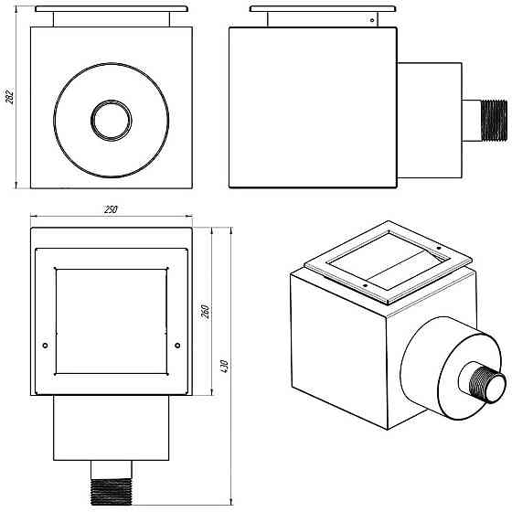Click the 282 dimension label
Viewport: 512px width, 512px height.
pyautogui.click(x=10, y=96)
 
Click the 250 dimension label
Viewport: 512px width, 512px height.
pyautogui.click(x=111, y=209)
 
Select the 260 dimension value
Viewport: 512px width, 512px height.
pyautogui.click(x=205, y=312)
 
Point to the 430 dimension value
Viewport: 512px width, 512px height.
pyautogui.click(x=224, y=367)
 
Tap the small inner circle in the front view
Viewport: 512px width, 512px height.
pyautogui.click(x=112, y=121)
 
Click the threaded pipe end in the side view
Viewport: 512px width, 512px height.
pyautogui.click(x=495, y=121)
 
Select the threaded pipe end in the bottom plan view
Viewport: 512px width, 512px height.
pyautogui.click(x=112, y=492)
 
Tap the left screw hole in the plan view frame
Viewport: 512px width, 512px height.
pyautogui.click(x=46, y=346)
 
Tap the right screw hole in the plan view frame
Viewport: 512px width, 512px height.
pyautogui.click(x=177, y=346)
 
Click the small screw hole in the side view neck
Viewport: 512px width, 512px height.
pyautogui.click(x=372, y=20)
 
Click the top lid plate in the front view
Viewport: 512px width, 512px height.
pyautogui.click(x=112, y=9)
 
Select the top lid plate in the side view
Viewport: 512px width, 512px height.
pyautogui.click(x=324, y=9)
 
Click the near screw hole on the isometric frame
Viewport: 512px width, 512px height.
pyautogui.click(x=366, y=286)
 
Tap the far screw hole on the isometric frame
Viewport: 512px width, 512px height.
pyautogui.click(x=439, y=248)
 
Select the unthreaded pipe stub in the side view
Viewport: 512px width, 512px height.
pyautogui.click(x=472, y=121)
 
